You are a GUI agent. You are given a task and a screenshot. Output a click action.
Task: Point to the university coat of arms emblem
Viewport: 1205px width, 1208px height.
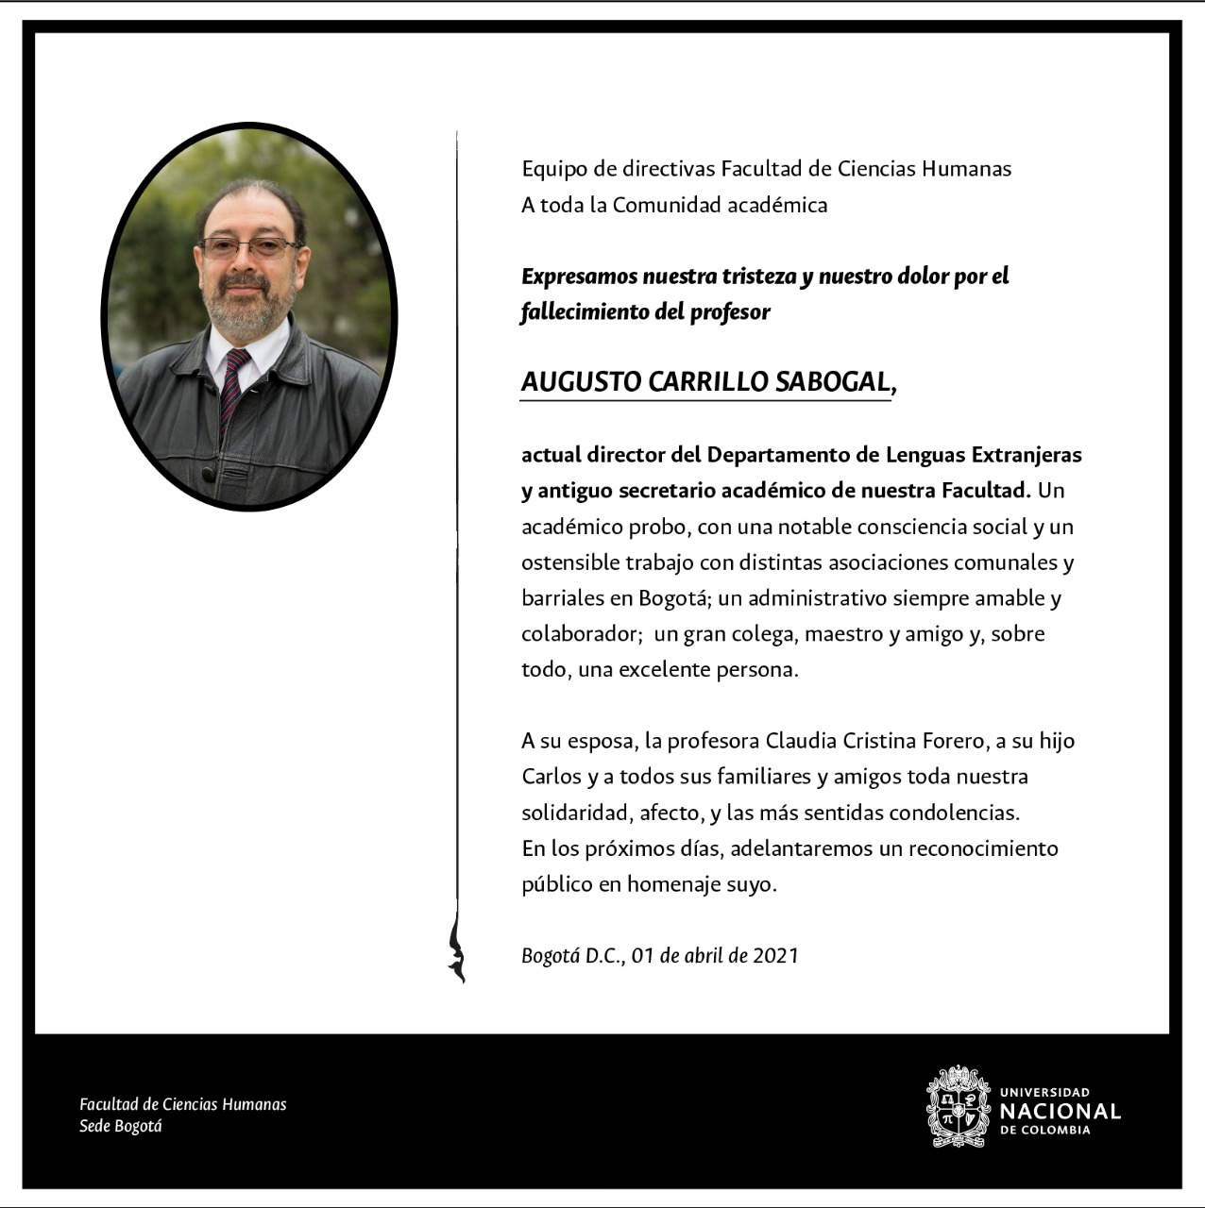coord(959,1107)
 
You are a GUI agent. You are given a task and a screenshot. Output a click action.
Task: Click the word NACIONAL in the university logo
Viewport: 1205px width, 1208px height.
coord(1060,1112)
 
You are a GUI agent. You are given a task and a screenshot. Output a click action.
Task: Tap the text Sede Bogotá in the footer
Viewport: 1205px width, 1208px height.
coord(121,1126)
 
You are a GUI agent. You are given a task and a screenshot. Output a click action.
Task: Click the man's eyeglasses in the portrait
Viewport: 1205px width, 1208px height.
coord(247,248)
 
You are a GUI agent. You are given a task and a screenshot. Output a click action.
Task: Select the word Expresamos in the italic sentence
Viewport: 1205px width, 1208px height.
coord(578,277)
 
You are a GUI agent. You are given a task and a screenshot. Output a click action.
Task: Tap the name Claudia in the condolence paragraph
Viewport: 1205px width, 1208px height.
coord(801,741)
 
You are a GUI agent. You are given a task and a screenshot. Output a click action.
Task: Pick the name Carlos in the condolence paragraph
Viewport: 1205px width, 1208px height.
coord(552,777)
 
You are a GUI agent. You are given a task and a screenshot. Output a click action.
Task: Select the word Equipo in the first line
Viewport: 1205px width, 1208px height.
coord(552,170)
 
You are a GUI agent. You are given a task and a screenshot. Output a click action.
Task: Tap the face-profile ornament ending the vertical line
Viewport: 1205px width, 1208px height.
coord(457,951)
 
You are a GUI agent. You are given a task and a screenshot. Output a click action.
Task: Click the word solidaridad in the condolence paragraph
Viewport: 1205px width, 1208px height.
coord(574,813)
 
